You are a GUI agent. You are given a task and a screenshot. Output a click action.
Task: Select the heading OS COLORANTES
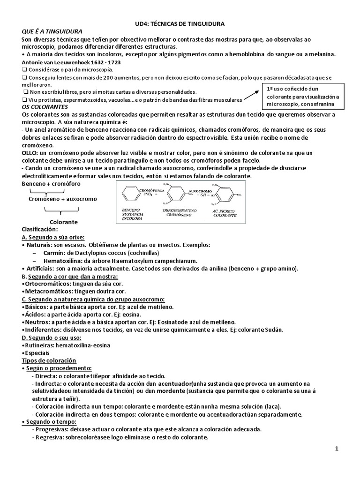pyautogui.click(x=45, y=107)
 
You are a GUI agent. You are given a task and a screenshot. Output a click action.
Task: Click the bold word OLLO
pyautogui.click(x=31, y=153)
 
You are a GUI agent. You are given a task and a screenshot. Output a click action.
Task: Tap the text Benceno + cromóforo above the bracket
pyautogui.click(x=50, y=183)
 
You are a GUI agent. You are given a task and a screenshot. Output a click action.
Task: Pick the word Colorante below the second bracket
pyautogui.click(x=64, y=222)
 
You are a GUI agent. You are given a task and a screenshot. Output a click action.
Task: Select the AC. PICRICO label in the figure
pyautogui.click(x=225, y=211)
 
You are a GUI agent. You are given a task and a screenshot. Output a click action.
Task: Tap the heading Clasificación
pyautogui.click(x=39, y=229)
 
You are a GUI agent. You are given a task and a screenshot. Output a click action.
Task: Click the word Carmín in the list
pyautogui.click(x=54, y=253)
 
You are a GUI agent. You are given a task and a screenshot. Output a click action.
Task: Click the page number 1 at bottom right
pyautogui.click(x=337, y=449)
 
